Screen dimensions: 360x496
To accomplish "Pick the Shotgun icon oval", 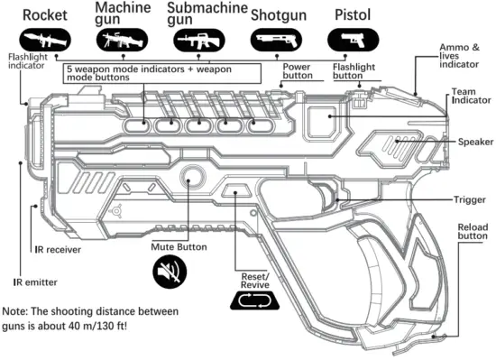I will click(x=275, y=41).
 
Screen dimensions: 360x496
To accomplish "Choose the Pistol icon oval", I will click(x=353, y=41).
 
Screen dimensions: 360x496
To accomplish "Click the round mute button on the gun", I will click(x=190, y=176).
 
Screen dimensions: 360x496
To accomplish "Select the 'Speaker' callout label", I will click(x=474, y=142).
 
